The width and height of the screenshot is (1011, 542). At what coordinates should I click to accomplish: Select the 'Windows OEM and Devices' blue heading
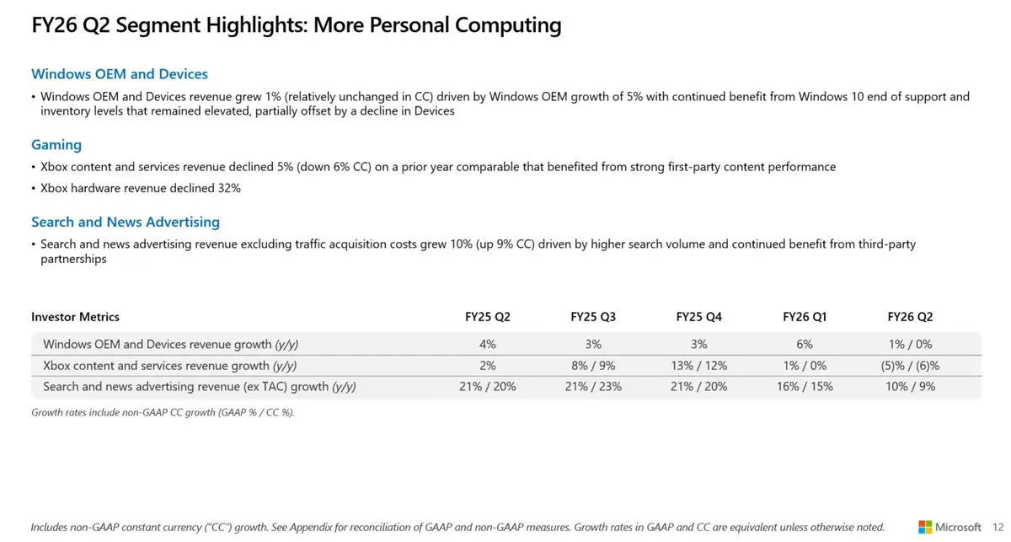pyautogui.click(x=120, y=74)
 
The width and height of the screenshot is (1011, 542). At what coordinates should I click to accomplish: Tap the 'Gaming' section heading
pyautogui.click(x=56, y=145)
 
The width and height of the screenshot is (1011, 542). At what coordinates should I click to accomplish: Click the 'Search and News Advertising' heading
pyautogui.click(x=126, y=222)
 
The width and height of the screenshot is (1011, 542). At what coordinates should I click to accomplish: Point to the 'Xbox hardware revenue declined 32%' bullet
pyautogui.click(x=140, y=188)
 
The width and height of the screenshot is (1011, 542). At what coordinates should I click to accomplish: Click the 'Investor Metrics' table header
pyautogui.click(x=75, y=317)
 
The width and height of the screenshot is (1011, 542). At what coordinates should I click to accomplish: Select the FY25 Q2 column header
pyautogui.click(x=488, y=317)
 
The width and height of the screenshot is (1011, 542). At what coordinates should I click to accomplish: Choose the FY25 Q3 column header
pyautogui.click(x=593, y=317)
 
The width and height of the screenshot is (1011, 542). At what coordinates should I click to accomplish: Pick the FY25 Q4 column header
pyautogui.click(x=698, y=317)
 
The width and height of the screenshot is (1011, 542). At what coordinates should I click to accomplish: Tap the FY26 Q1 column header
pyautogui.click(x=805, y=317)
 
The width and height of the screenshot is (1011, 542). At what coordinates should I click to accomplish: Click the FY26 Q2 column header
pyautogui.click(x=910, y=317)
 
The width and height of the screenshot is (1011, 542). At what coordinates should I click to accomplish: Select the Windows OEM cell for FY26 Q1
pyautogui.click(x=805, y=344)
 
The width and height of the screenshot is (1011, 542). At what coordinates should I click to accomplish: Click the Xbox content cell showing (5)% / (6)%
pyautogui.click(x=910, y=366)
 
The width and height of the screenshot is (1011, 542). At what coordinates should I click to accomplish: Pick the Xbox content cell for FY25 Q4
pyautogui.click(x=698, y=366)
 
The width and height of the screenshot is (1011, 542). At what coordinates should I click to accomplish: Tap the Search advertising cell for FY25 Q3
pyautogui.click(x=593, y=386)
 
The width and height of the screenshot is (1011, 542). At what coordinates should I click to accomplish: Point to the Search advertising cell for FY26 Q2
pyautogui.click(x=910, y=386)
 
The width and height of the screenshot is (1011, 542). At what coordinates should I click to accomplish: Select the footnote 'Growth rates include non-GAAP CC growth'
pyautogui.click(x=163, y=412)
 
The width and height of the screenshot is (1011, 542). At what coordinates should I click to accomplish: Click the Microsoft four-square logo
pyautogui.click(x=925, y=527)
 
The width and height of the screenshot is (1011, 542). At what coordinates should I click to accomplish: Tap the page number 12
pyautogui.click(x=998, y=527)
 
